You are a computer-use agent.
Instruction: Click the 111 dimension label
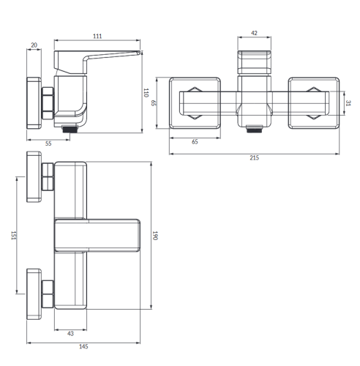97,36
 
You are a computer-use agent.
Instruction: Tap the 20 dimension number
34,45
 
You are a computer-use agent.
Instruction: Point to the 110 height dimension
146,93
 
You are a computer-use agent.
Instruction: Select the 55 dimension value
48,143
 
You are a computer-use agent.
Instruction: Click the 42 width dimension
254,33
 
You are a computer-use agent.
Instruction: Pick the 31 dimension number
348,103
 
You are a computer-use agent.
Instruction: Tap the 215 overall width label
254,157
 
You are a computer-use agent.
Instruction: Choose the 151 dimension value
14,236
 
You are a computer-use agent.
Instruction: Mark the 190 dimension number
155,236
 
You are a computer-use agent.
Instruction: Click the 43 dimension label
70,333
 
